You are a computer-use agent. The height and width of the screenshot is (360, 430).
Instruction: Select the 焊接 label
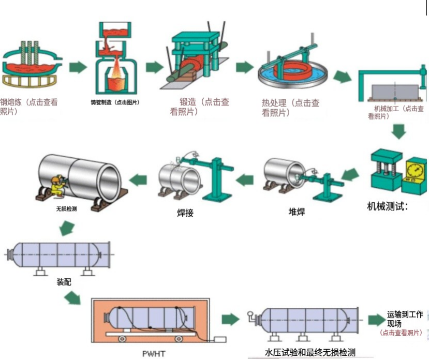[x=185, y=212]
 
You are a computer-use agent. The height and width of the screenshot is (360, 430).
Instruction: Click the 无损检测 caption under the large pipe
[x=66, y=209]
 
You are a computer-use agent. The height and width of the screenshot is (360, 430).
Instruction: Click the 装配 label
[x=64, y=283]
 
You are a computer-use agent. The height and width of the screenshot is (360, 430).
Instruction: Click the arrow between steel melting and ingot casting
[x=78, y=67]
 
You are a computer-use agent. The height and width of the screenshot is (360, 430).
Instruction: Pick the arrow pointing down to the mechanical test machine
[x=398, y=132]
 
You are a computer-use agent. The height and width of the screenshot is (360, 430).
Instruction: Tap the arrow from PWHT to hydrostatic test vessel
[x=231, y=319]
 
